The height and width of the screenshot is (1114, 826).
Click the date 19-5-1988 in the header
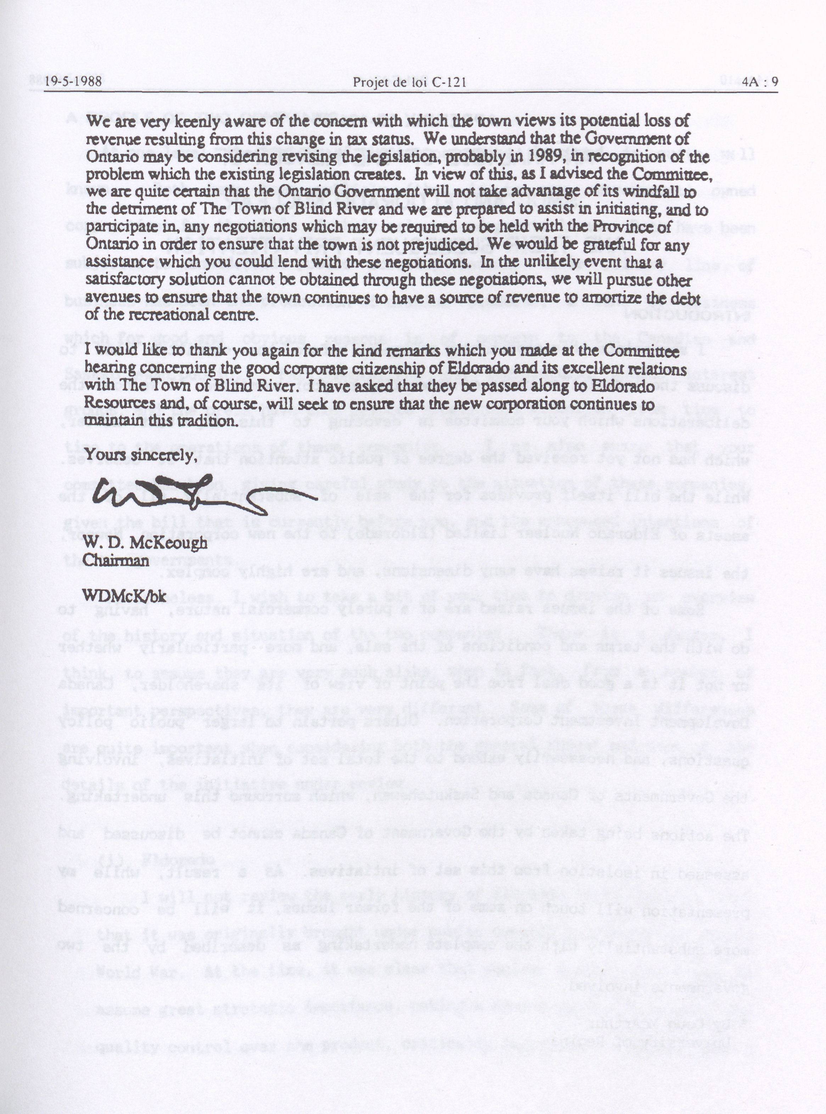[x=73, y=82]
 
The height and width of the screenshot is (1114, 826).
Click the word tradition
[x=207, y=421]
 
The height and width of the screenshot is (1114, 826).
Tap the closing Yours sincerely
[x=139, y=456]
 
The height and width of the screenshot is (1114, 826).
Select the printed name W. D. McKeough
[x=145, y=543]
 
